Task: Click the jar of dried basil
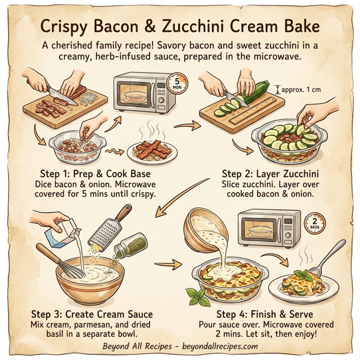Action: coord(130,245)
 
